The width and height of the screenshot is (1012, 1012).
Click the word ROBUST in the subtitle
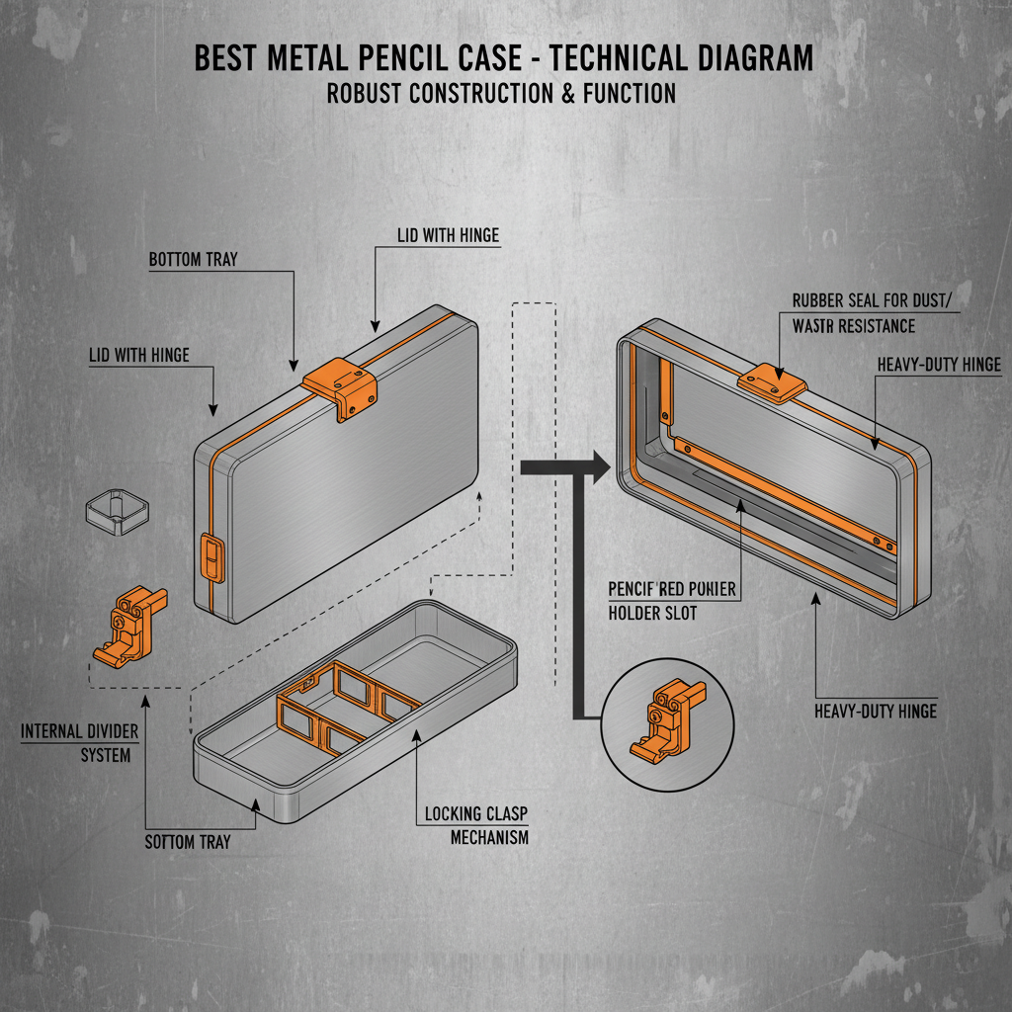[375, 93]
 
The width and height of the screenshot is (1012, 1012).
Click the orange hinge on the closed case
[341, 386]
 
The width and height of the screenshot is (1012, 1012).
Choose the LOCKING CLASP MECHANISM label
[476, 825]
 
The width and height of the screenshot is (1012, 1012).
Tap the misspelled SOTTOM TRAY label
[188, 841]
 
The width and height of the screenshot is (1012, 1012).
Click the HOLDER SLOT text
[652, 613]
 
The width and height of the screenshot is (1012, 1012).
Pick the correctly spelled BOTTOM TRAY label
[194, 260]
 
